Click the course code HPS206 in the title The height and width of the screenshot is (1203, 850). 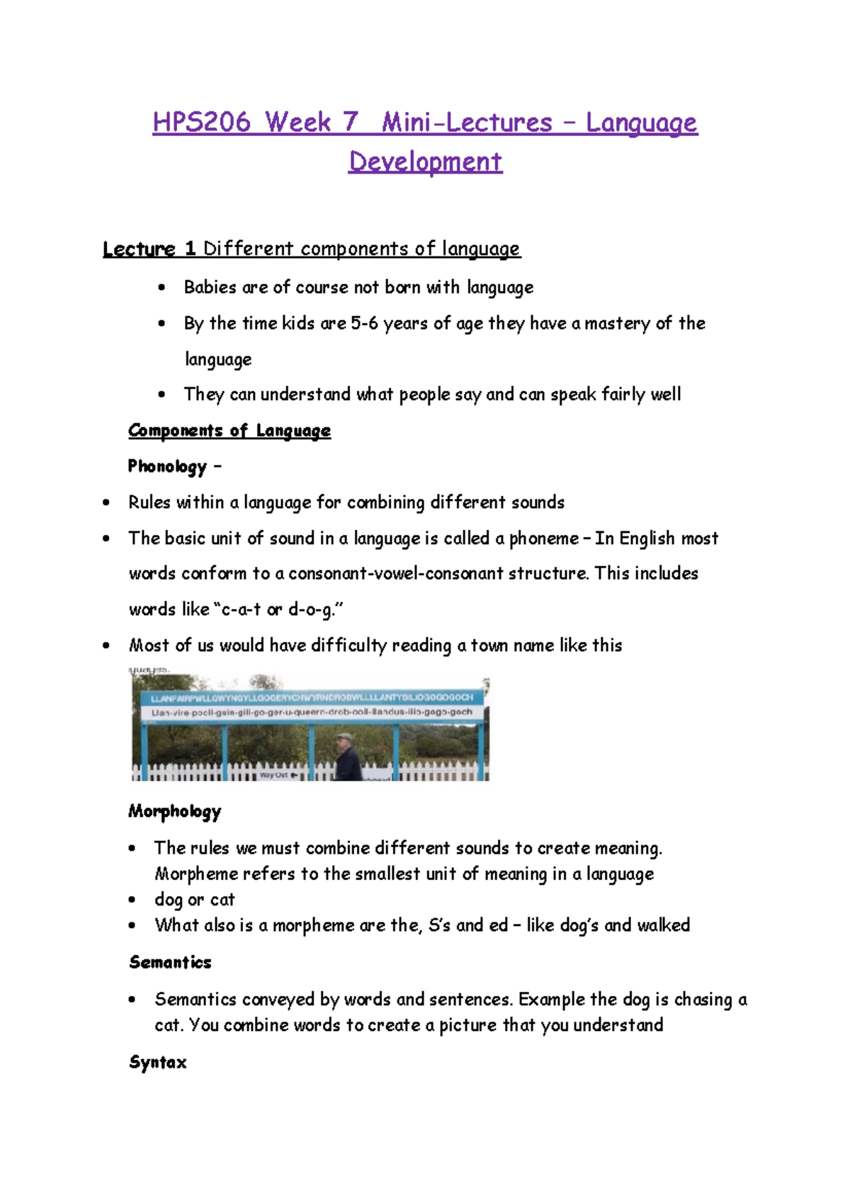(x=202, y=122)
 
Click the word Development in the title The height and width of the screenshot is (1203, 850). (x=425, y=162)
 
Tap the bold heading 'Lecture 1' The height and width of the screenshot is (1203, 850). (x=149, y=249)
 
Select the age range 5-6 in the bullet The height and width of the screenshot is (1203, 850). (x=365, y=323)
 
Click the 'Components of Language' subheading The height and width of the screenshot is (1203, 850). (x=229, y=430)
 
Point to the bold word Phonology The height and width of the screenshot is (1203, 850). (x=167, y=466)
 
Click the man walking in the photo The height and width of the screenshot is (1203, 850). (x=347, y=758)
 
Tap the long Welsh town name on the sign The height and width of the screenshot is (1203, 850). (x=312, y=698)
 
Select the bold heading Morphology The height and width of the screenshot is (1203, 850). (x=174, y=811)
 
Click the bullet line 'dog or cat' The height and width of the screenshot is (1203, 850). (x=194, y=900)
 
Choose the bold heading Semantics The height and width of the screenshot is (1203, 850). (x=170, y=962)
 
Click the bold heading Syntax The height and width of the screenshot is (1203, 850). (x=158, y=1062)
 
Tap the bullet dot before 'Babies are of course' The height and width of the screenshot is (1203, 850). (x=162, y=288)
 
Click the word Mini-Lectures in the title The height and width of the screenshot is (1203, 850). (x=467, y=122)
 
